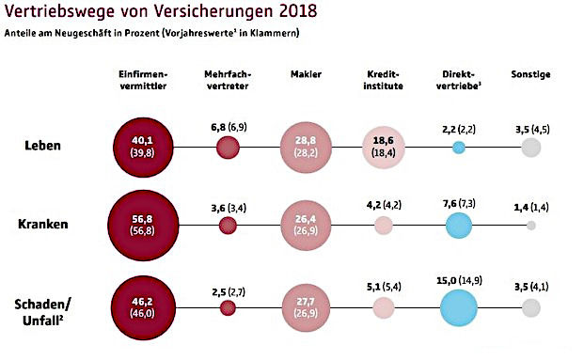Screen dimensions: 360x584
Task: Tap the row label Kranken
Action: pyautogui.click(x=45, y=226)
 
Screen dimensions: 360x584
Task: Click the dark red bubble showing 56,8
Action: pyautogui.click(x=144, y=226)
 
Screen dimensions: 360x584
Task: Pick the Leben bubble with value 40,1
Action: pyautogui.click(x=144, y=147)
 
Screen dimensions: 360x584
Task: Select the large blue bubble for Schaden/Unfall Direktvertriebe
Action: pyautogui.click(x=459, y=306)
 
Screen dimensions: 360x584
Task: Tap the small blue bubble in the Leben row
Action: pyautogui.click(x=459, y=148)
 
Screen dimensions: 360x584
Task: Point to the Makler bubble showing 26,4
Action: pyautogui.click(x=307, y=226)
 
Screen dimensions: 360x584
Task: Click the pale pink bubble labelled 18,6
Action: pyautogui.click(x=384, y=147)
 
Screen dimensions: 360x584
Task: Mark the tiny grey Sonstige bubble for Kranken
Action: pyautogui.click(x=531, y=226)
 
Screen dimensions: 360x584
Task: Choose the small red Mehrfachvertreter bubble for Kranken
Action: pyautogui.click(x=227, y=226)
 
